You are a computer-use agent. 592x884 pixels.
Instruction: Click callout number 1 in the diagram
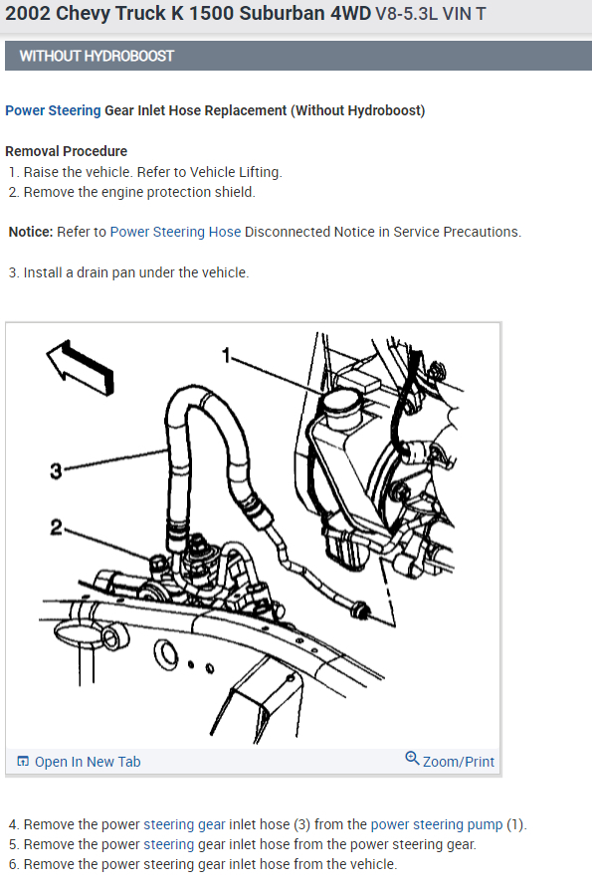pos(226,356)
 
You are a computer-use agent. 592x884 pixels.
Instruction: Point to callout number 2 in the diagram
pos(56,528)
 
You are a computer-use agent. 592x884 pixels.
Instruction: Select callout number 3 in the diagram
pos(56,470)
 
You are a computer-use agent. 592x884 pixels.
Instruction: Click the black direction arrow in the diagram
pos(81,367)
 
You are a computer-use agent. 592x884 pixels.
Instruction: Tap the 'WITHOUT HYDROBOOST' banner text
pos(97,56)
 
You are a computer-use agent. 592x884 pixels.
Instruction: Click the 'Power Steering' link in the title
pos(53,110)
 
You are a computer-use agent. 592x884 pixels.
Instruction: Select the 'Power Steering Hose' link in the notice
pos(175,232)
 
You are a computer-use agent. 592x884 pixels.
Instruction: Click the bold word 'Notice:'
pos(31,232)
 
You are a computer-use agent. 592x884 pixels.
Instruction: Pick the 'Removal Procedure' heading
pos(66,151)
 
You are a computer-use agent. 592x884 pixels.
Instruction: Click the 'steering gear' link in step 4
pos(184,824)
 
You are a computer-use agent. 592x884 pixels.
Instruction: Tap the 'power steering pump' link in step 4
pos(437,824)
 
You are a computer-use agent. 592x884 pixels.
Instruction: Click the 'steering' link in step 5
pos(169,844)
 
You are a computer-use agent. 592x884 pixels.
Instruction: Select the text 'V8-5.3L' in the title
pos(406,14)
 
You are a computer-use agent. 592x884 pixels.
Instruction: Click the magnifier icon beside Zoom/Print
pos(413,759)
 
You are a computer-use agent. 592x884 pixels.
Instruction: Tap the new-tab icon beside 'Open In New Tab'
pos(23,762)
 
